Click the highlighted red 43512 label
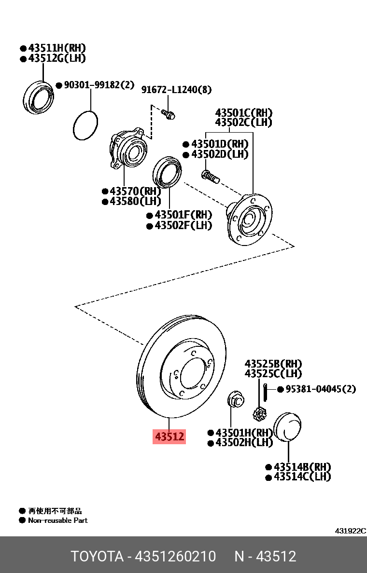point(169,437)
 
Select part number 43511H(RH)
point(56,48)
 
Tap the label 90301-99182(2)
point(99,85)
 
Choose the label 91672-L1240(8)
point(176,90)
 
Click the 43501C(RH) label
point(243,113)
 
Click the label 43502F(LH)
point(183,225)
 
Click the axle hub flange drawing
point(249,220)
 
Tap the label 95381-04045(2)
point(320,389)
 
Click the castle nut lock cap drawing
point(260,414)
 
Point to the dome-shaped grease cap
point(288,427)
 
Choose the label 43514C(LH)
point(302,477)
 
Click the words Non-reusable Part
point(58,520)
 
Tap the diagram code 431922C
point(350,531)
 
